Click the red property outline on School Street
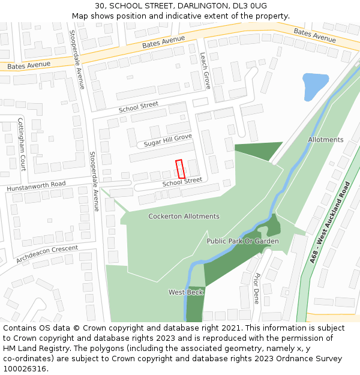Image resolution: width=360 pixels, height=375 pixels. [179, 169]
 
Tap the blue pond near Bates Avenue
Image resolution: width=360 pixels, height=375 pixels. [315, 84]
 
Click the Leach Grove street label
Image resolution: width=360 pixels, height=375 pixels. [205, 70]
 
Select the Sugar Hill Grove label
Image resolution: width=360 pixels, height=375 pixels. [167, 140]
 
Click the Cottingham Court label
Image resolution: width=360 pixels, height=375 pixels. [22, 144]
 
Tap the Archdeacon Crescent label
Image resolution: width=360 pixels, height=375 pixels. [47, 254]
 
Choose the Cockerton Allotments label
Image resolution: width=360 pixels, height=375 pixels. [184, 216]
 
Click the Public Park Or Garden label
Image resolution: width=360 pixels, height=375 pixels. [242, 241]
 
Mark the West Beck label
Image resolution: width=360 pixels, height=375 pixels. [185, 292]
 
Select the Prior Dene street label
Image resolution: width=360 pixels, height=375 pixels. [257, 289]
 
